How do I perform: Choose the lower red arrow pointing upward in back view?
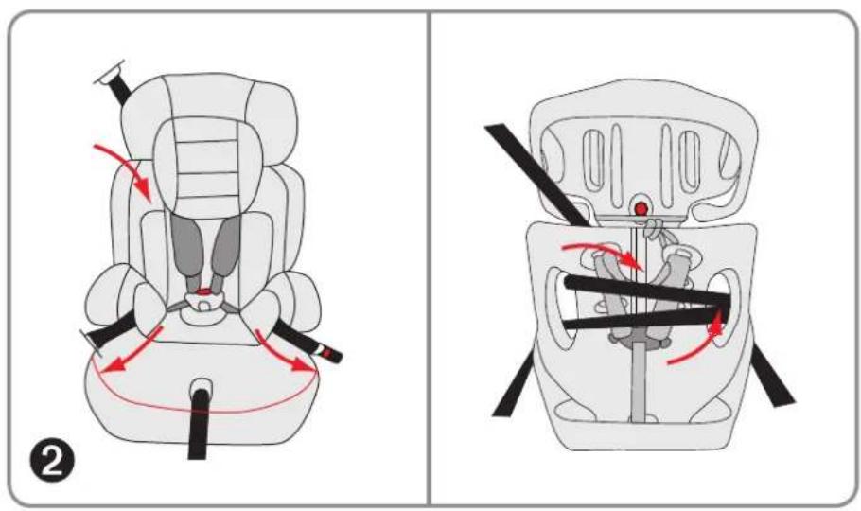point(700,343)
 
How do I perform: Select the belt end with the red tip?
point(327,352)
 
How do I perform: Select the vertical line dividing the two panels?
point(430,255)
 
